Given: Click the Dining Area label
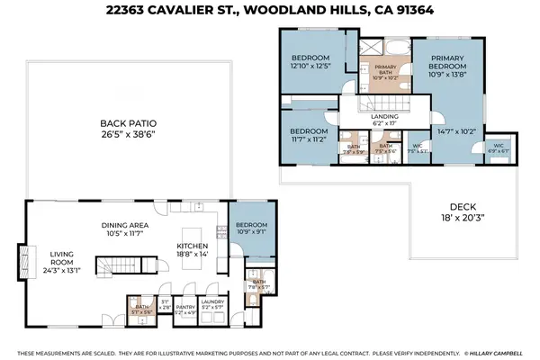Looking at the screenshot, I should pos(127,228).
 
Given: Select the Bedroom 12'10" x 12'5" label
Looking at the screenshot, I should pos(310,62).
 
